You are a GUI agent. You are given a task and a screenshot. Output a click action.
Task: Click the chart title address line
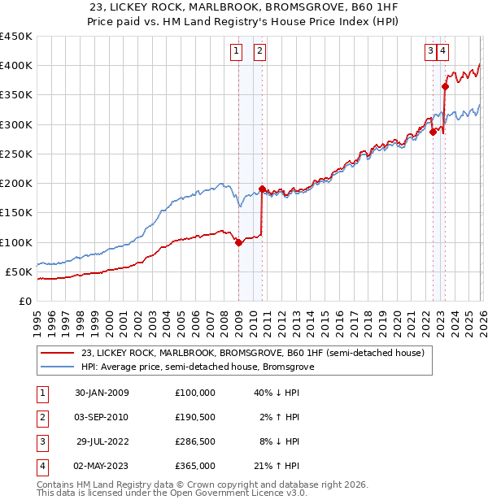tap(243, 7)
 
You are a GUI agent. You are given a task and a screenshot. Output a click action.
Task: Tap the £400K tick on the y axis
tap(16, 66)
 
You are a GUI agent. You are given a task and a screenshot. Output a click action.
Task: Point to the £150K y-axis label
tap(16, 213)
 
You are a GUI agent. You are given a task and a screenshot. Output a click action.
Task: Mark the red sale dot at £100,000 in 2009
tap(238, 242)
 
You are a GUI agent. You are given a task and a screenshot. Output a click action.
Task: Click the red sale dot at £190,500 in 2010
tap(262, 189)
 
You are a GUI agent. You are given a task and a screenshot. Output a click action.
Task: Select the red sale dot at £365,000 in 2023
tap(446, 86)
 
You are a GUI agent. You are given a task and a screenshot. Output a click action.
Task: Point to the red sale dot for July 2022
tap(434, 133)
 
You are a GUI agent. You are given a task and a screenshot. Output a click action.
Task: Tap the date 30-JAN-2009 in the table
tap(102, 393)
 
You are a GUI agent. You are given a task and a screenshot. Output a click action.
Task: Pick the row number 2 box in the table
tap(41, 417)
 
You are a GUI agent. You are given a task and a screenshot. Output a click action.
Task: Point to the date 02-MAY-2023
tap(102, 467)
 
